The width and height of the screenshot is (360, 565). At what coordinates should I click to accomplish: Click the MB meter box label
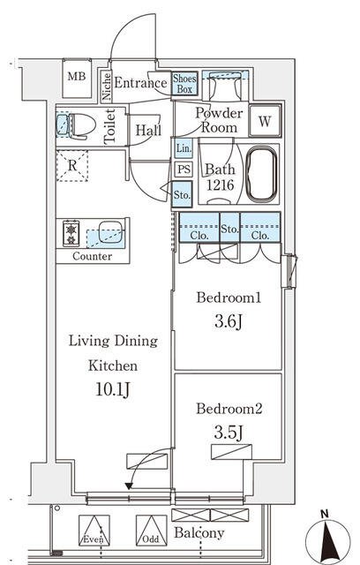tap(77, 77)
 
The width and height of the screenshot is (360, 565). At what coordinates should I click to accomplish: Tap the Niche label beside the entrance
tap(107, 87)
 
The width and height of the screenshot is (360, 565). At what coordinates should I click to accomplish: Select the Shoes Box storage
tap(184, 84)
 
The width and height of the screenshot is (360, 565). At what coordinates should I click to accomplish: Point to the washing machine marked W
tap(265, 121)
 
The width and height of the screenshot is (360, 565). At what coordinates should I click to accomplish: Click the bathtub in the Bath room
tap(262, 174)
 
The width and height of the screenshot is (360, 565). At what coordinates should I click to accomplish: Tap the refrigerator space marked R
tap(72, 165)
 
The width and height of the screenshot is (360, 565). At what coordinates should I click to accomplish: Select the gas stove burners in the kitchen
tap(71, 233)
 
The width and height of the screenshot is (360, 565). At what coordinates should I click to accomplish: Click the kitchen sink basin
tap(110, 231)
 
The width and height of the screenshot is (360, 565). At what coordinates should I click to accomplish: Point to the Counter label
tap(92, 256)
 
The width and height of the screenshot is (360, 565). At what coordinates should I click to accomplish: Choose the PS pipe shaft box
tap(184, 169)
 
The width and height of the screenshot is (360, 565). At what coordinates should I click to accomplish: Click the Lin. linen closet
tap(184, 147)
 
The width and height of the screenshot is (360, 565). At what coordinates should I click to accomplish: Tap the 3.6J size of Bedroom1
tap(229, 321)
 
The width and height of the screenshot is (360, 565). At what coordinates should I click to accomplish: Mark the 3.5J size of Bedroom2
tap(229, 433)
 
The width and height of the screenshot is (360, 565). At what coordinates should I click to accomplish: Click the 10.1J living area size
tap(112, 389)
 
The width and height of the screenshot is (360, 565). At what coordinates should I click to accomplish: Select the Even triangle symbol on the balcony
tap(94, 530)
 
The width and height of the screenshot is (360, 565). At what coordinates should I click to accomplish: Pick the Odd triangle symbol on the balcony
tap(151, 530)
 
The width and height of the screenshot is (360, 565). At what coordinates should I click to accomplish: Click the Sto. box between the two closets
tap(229, 228)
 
